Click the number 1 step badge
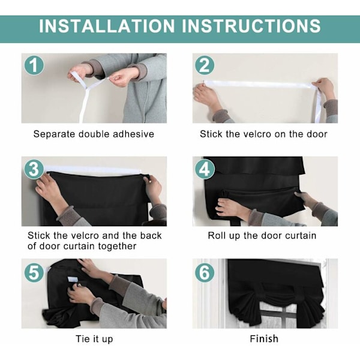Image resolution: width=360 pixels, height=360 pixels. tap(34, 65)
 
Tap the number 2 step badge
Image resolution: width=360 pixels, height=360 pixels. tap(205, 65)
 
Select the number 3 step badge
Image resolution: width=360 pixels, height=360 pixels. tap(34, 169)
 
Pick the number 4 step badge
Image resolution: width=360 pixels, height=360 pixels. tap(205, 169)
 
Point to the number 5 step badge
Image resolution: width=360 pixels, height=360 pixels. tap(34, 272)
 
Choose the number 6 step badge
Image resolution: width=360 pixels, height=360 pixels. tap(205, 272)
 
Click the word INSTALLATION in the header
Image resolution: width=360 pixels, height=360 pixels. tap(107, 26)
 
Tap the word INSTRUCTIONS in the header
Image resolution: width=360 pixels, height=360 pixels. tap(251, 26)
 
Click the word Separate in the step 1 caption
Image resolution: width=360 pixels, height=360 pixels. tap(55, 134)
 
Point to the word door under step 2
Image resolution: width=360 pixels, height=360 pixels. tap(317, 134)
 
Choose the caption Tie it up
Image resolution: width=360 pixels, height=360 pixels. tap(94, 339)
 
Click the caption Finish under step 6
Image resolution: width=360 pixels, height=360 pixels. tap(264, 338)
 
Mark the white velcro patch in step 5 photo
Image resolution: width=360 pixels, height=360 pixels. tap(73, 280)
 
